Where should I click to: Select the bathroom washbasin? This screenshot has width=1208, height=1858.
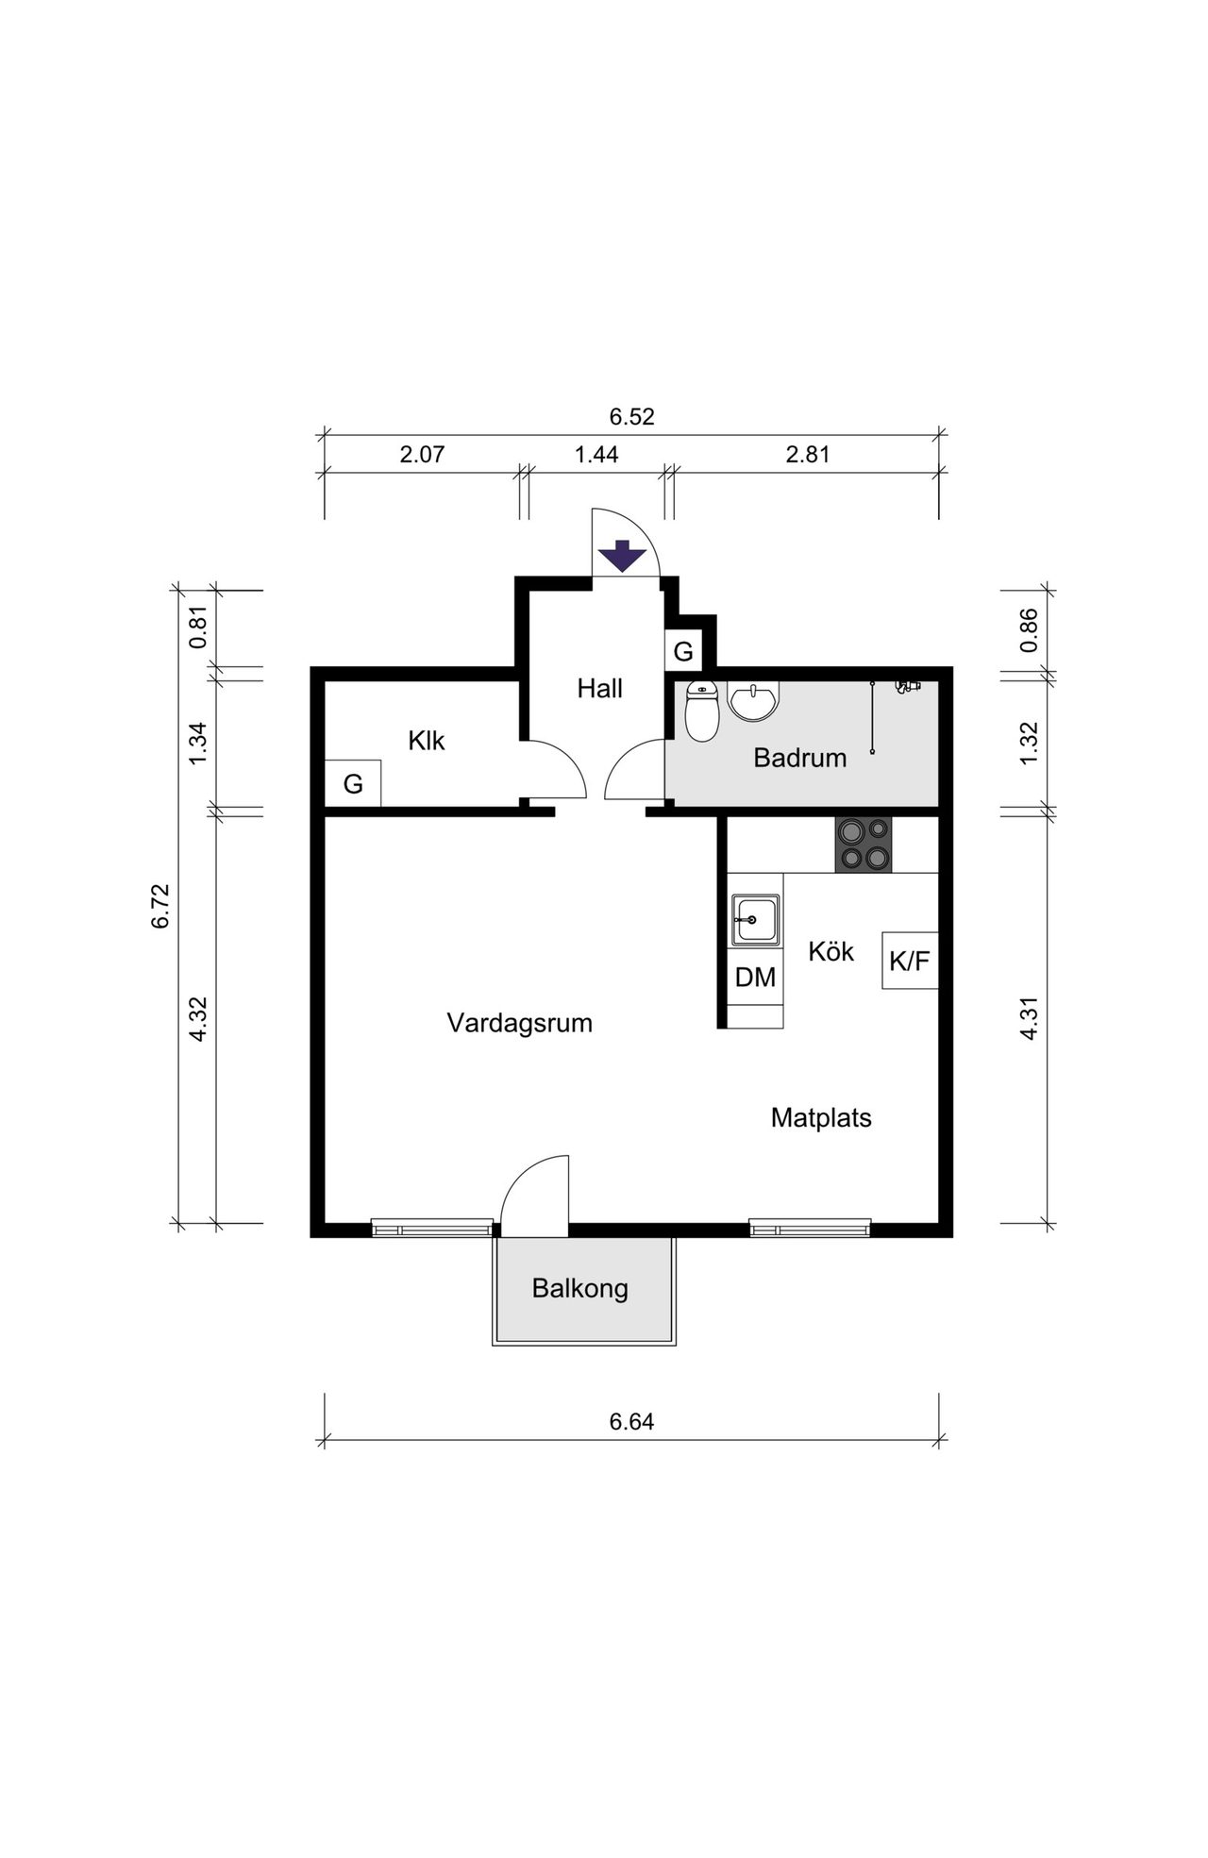click(753, 701)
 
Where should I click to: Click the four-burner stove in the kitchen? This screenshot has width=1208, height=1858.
click(864, 845)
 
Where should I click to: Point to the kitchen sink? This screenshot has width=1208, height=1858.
click(755, 920)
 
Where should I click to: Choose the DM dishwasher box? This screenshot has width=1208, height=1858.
click(755, 978)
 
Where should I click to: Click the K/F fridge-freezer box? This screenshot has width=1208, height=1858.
click(910, 961)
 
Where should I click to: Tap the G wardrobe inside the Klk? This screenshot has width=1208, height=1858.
click(353, 783)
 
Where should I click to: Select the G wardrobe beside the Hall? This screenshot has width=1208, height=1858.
click(683, 651)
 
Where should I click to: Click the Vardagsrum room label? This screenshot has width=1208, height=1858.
click(520, 1023)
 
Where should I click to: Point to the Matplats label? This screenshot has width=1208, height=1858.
click(821, 1118)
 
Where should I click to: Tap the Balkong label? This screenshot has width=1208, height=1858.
click(580, 1288)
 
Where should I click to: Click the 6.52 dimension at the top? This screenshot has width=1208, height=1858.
click(631, 416)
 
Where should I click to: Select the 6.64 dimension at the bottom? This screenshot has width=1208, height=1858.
click(631, 1421)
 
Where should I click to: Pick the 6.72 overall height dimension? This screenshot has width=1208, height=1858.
click(160, 906)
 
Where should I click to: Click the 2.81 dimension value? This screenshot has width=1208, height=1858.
click(808, 454)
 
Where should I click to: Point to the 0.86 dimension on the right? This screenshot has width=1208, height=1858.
click(1029, 629)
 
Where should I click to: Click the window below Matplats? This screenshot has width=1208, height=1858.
click(810, 1228)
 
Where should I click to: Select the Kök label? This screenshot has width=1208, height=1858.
click(831, 951)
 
